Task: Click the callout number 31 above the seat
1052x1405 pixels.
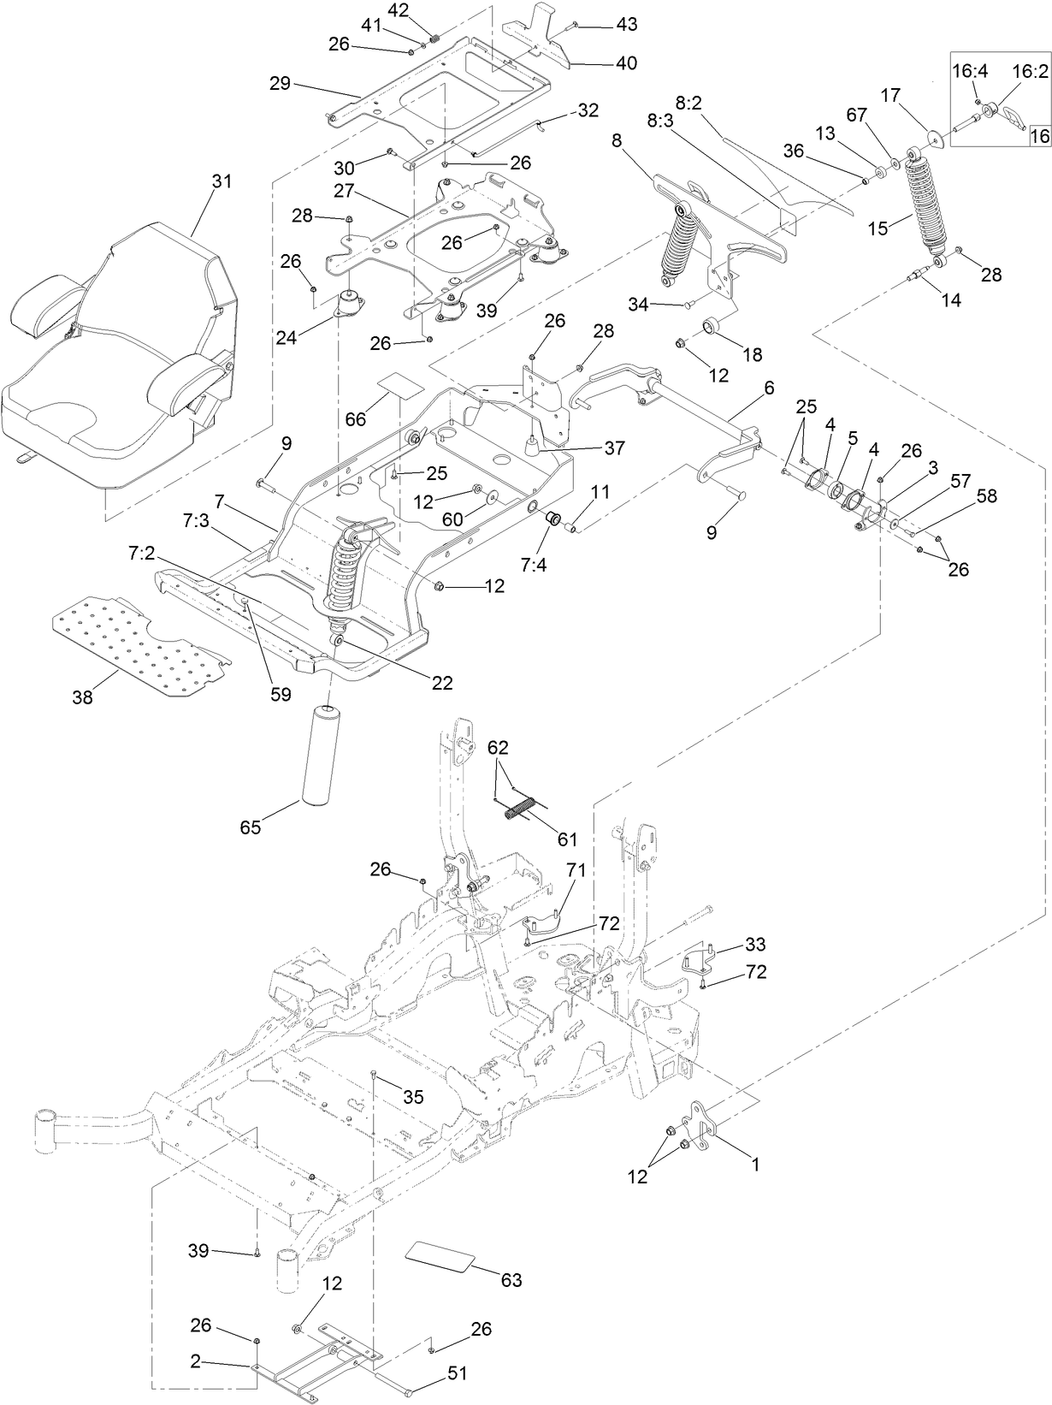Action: pyautogui.click(x=222, y=182)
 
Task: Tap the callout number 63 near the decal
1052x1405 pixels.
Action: pyautogui.click(x=511, y=1280)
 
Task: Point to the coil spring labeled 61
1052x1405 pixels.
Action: pyautogui.click(x=522, y=808)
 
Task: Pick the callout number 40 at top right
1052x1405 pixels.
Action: pyautogui.click(x=626, y=63)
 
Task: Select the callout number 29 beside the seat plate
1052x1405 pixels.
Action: pyautogui.click(x=281, y=83)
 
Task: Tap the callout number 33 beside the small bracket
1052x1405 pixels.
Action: pyautogui.click(x=755, y=945)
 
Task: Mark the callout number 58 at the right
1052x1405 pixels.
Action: pyautogui.click(x=987, y=496)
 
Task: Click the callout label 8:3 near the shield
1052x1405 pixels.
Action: pyautogui.click(x=659, y=122)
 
